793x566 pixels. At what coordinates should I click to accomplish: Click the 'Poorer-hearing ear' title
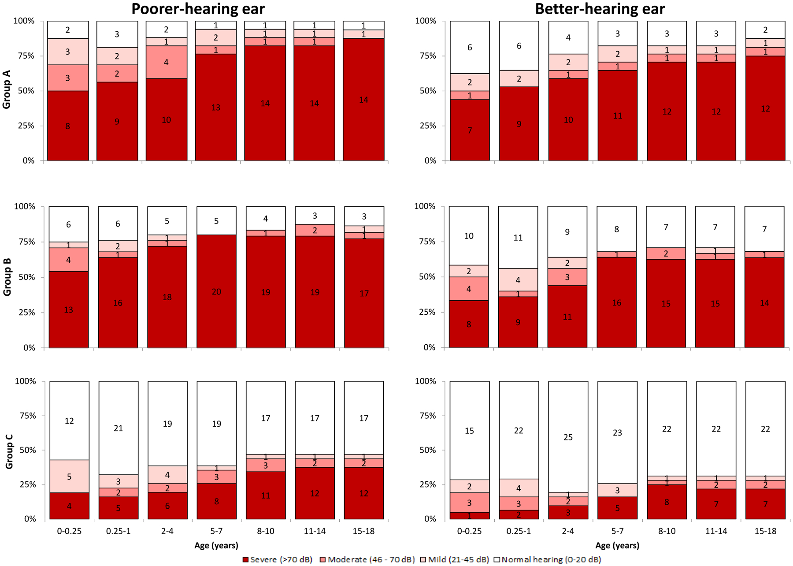coord(198,9)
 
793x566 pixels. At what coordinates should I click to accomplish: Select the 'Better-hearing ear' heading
coord(600,9)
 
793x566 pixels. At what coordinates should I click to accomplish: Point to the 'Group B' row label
coord(7,277)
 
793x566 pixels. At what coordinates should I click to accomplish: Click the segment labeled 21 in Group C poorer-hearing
coord(119,428)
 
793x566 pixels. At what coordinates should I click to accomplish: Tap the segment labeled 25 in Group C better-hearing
coord(568,437)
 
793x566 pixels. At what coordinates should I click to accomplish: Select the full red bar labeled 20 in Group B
coord(216,291)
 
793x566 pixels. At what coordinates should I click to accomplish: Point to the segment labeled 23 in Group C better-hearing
coord(617,432)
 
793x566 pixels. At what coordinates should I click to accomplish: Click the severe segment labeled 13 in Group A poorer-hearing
coord(216,107)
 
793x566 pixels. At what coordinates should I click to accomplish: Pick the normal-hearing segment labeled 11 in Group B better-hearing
coord(518,238)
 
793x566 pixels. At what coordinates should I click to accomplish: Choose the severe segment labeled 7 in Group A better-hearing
coord(470,130)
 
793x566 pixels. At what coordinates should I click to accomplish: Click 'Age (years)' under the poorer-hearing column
coord(216,545)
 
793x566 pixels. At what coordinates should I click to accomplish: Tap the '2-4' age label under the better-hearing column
coord(568,531)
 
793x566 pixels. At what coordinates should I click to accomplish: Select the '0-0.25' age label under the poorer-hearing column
coord(69,531)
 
